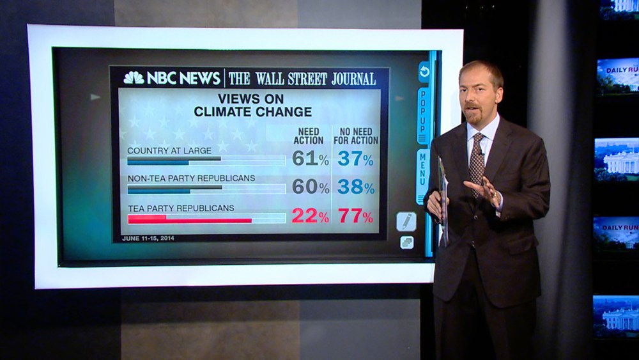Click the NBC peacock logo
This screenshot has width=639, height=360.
(134, 78)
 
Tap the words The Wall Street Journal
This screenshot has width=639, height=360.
(302, 79)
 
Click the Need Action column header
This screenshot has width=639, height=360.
(308, 136)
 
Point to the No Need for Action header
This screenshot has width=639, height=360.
(356, 136)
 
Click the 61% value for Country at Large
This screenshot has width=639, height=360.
(310, 159)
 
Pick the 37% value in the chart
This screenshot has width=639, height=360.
(355, 159)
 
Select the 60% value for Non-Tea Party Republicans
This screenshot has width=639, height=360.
(310, 187)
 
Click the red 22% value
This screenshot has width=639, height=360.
(310, 217)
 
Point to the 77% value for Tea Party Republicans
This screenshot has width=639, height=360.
(355, 217)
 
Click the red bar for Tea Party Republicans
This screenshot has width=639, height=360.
(190, 220)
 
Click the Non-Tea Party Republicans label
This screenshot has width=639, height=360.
(191, 178)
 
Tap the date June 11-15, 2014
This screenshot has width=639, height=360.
(148, 239)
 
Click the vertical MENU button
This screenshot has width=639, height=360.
(422, 176)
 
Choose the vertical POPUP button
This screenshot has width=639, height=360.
(422, 116)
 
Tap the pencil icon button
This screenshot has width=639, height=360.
(406, 221)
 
